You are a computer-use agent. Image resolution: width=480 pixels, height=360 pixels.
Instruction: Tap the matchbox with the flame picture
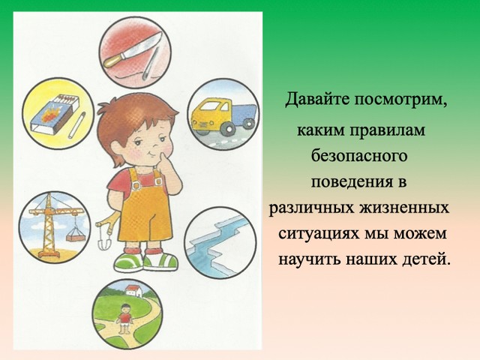55,114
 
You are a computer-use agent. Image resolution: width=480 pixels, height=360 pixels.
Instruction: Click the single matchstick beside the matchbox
77,125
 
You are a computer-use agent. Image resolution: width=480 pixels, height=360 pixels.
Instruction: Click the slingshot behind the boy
106,230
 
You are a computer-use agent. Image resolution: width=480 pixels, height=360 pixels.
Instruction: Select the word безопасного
359,156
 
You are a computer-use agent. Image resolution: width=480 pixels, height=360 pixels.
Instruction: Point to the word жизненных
404,208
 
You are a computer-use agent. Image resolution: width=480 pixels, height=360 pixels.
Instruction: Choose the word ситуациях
319,234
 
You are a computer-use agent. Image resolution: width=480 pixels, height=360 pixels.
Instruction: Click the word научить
310,260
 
